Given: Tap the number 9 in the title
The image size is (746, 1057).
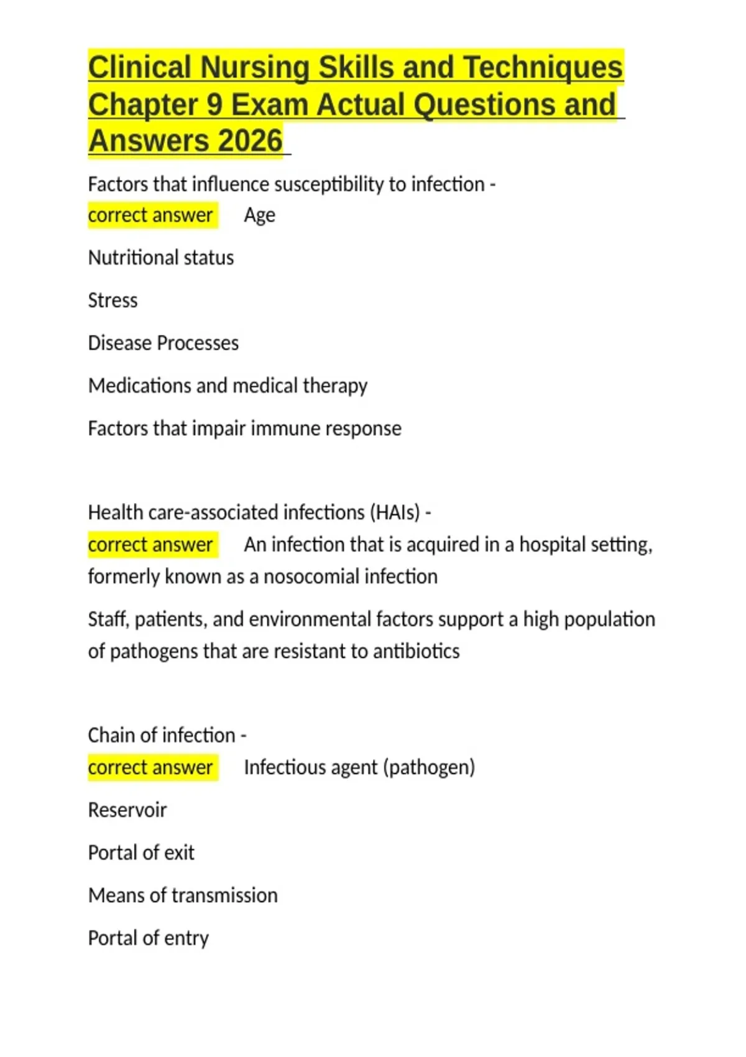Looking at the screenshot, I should click(214, 104).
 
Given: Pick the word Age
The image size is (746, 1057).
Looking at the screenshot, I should click(259, 215).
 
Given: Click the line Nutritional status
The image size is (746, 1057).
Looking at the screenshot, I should click(161, 258).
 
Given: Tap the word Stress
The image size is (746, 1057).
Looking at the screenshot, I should click(113, 300).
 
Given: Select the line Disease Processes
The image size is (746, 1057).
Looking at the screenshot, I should click(163, 343).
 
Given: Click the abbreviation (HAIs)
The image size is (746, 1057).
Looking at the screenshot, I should click(395, 513).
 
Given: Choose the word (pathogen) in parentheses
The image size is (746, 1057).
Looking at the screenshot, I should click(429, 768).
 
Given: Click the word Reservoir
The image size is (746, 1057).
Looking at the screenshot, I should click(127, 810).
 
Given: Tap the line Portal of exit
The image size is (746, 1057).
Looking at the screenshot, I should click(141, 853).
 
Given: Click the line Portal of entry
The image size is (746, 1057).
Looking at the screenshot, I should click(149, 938).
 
